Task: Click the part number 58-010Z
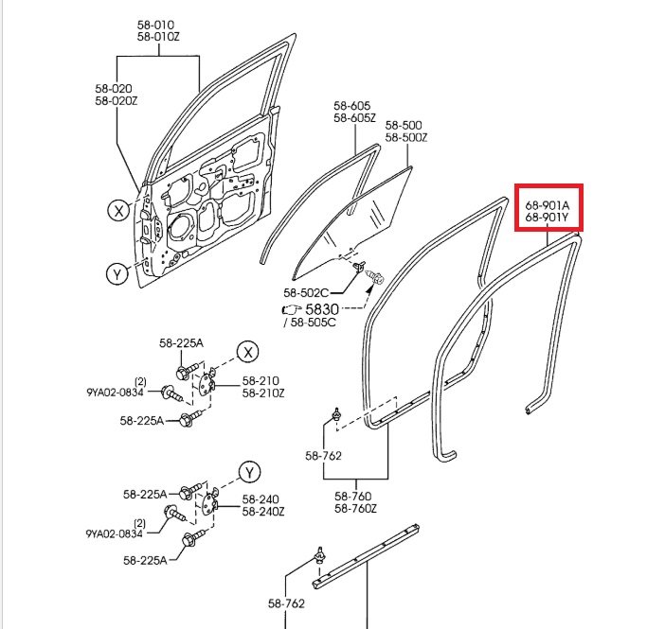158,37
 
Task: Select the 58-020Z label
117,101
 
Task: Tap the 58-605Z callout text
354,117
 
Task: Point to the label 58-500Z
406,137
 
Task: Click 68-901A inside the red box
548,205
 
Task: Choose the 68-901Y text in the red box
547,218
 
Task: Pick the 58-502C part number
306,292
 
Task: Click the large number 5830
322,308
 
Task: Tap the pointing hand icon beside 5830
292,309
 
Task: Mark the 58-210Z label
263,393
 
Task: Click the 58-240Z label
263,512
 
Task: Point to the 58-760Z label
355,508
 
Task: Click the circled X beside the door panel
118,211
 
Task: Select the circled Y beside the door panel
117,274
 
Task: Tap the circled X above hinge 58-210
248,352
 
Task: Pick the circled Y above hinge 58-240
250,472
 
